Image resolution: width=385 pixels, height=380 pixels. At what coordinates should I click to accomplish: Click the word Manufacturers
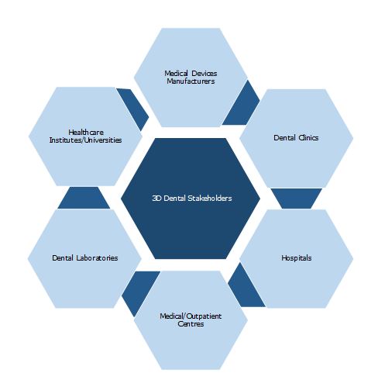pos(191,81)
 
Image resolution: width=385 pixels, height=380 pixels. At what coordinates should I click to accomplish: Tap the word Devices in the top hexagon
pos(205,74)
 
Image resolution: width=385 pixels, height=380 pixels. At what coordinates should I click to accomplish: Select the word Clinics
pos(308,138)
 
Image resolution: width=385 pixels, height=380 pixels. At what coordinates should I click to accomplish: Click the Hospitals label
pos(297,258)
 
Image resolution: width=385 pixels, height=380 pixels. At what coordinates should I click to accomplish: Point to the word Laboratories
pos(97,258)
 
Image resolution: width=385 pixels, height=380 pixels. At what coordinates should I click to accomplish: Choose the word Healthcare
pos(86,133)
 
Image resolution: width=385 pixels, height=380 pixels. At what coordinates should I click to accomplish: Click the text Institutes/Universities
pos(85,140)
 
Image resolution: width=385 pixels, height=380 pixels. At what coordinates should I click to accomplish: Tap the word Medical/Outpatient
pos(191,316)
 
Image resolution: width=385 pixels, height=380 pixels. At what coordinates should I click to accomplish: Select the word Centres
pos(191,324)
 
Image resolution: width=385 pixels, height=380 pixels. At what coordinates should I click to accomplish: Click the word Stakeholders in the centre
pos(210,199)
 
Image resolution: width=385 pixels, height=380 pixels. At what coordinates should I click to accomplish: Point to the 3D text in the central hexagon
pos(157,199)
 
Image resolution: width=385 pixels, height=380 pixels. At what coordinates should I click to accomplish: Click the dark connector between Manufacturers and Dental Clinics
pos(242,105)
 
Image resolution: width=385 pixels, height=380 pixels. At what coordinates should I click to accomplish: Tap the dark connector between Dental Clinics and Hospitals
pos(297,199)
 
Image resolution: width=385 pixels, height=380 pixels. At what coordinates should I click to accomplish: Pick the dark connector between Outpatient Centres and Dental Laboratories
pos(139,292)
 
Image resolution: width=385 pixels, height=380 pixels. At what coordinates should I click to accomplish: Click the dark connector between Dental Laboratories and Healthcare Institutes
pos(84,199)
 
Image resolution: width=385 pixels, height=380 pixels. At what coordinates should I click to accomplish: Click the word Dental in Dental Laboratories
pos(63,258)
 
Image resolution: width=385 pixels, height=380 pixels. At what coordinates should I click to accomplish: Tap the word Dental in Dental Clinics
pos(285,138)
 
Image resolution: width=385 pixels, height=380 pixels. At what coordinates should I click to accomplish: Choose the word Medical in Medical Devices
pos(177,74)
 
